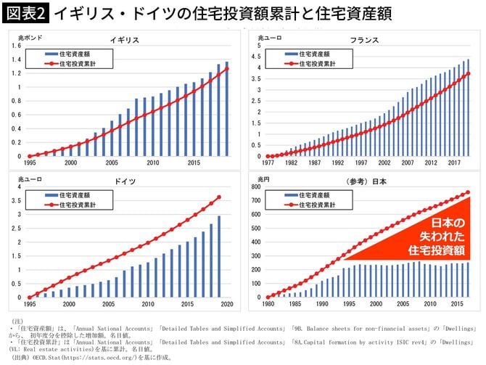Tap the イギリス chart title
(124, 40)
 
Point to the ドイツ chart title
(124, 179)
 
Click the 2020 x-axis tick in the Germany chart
(227, 304)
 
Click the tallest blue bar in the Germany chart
(220, 257)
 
